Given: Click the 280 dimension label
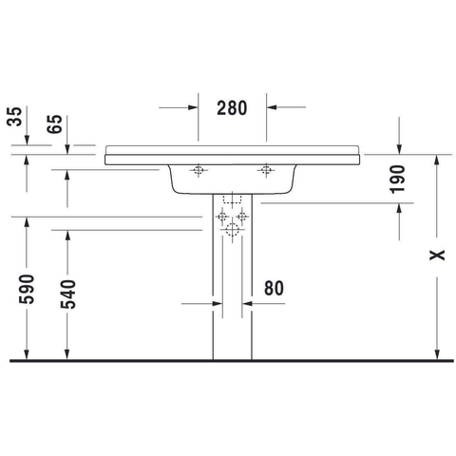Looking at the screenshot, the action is (232, 108).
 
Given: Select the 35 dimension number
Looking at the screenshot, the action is (14, 117).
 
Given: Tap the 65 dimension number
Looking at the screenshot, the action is (55, 124).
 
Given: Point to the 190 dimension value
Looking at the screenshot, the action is (397, 179).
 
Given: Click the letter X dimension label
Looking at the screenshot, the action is (437, 255).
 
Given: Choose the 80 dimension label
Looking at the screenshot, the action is (274, 288).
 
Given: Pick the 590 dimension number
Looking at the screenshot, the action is (27, 289).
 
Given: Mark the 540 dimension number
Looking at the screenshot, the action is (68, 294).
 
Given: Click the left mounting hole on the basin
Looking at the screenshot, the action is (199, 170).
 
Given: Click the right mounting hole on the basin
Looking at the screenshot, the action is (266, 170).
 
